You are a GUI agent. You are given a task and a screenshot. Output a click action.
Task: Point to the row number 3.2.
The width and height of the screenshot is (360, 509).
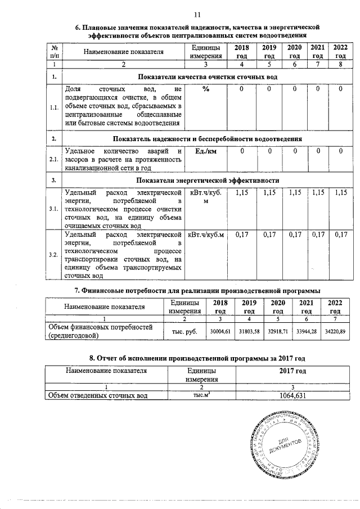(53, 255)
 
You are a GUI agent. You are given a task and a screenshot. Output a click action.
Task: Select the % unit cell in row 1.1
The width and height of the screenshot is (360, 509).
(206, 89)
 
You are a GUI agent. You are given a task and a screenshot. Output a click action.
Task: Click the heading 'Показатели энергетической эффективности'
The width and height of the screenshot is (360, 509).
(208, 181)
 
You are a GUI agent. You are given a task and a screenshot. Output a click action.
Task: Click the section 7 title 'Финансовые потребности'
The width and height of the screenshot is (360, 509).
(197, 290)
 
